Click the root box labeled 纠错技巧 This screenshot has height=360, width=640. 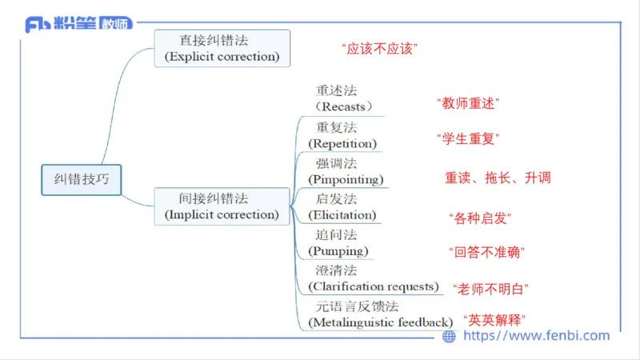point(81,180)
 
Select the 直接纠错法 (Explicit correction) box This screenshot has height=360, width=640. point(222,48)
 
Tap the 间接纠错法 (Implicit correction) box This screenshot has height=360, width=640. point(222,206)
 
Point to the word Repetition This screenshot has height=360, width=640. point(342,143)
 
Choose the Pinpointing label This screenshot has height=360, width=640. point(346,178)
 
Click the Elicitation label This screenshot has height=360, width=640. point(342,214)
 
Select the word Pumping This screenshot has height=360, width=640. point(338,250)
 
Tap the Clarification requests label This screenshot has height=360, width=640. point(374,286)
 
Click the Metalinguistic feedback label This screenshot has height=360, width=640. point(380,322)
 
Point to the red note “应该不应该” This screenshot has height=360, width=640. point(380,50)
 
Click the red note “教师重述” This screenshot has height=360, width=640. point(468,103)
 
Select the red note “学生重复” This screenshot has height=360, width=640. point(468,138)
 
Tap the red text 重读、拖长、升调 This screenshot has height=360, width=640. point(498,178)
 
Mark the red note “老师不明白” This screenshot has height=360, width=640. point(490,288)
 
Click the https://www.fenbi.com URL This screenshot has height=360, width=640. point(536,336)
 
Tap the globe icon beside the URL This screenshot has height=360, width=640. point(449,337)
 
